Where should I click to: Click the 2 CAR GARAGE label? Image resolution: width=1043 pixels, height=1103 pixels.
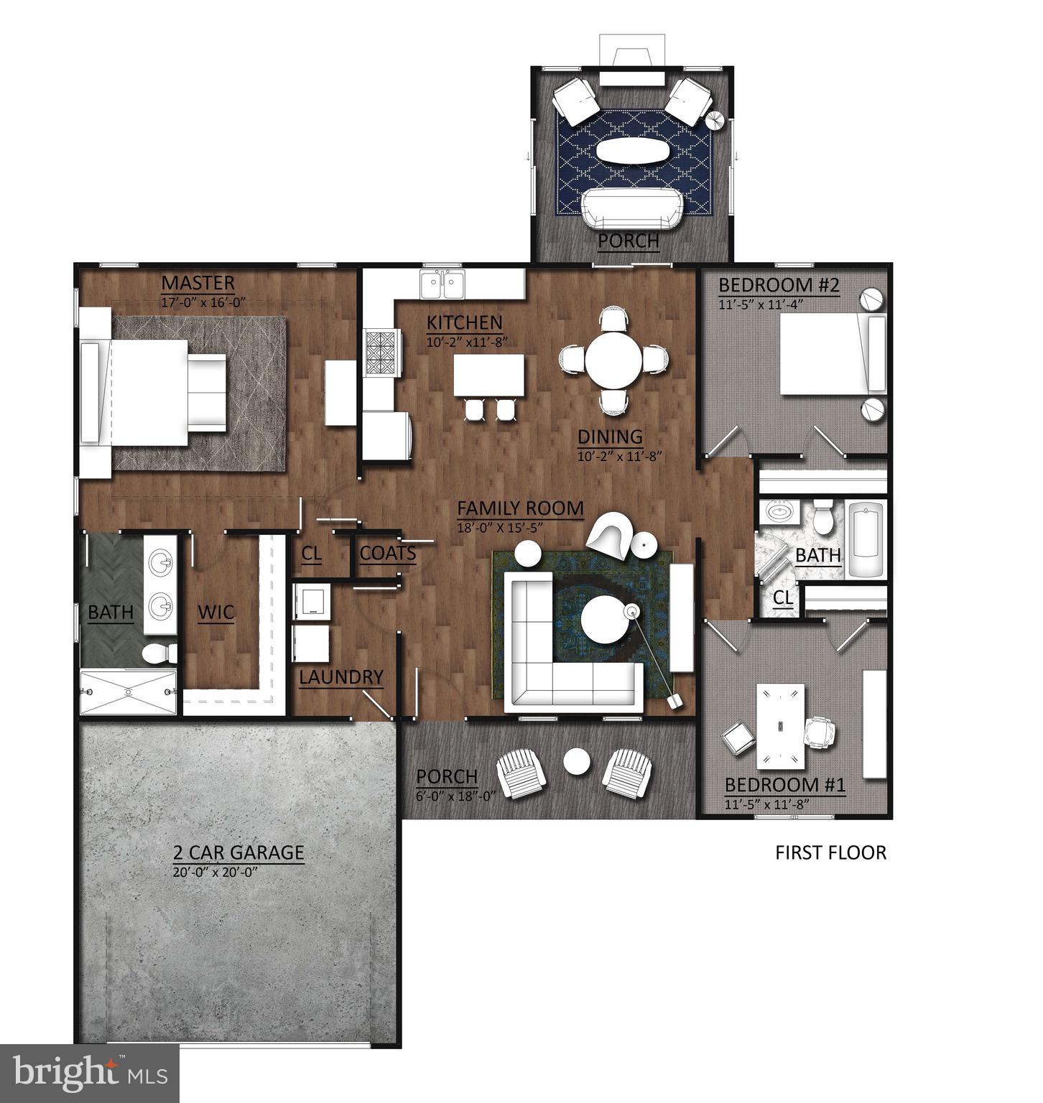238,853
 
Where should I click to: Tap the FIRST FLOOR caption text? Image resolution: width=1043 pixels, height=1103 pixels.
830,852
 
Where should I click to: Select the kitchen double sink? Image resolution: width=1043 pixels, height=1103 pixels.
442,284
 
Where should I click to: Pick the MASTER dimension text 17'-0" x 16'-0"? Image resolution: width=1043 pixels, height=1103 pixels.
204,302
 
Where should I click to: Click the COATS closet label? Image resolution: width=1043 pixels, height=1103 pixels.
387,553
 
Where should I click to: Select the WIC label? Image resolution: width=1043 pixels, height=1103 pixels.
215,613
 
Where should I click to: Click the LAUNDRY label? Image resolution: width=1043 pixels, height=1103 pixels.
341,677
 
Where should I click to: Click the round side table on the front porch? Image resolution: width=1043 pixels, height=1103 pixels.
576,762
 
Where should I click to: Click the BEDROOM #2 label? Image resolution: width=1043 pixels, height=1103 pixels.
779,285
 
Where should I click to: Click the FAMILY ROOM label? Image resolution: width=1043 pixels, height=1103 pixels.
520,508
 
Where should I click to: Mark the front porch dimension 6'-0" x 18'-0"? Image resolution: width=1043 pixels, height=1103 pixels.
447,795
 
